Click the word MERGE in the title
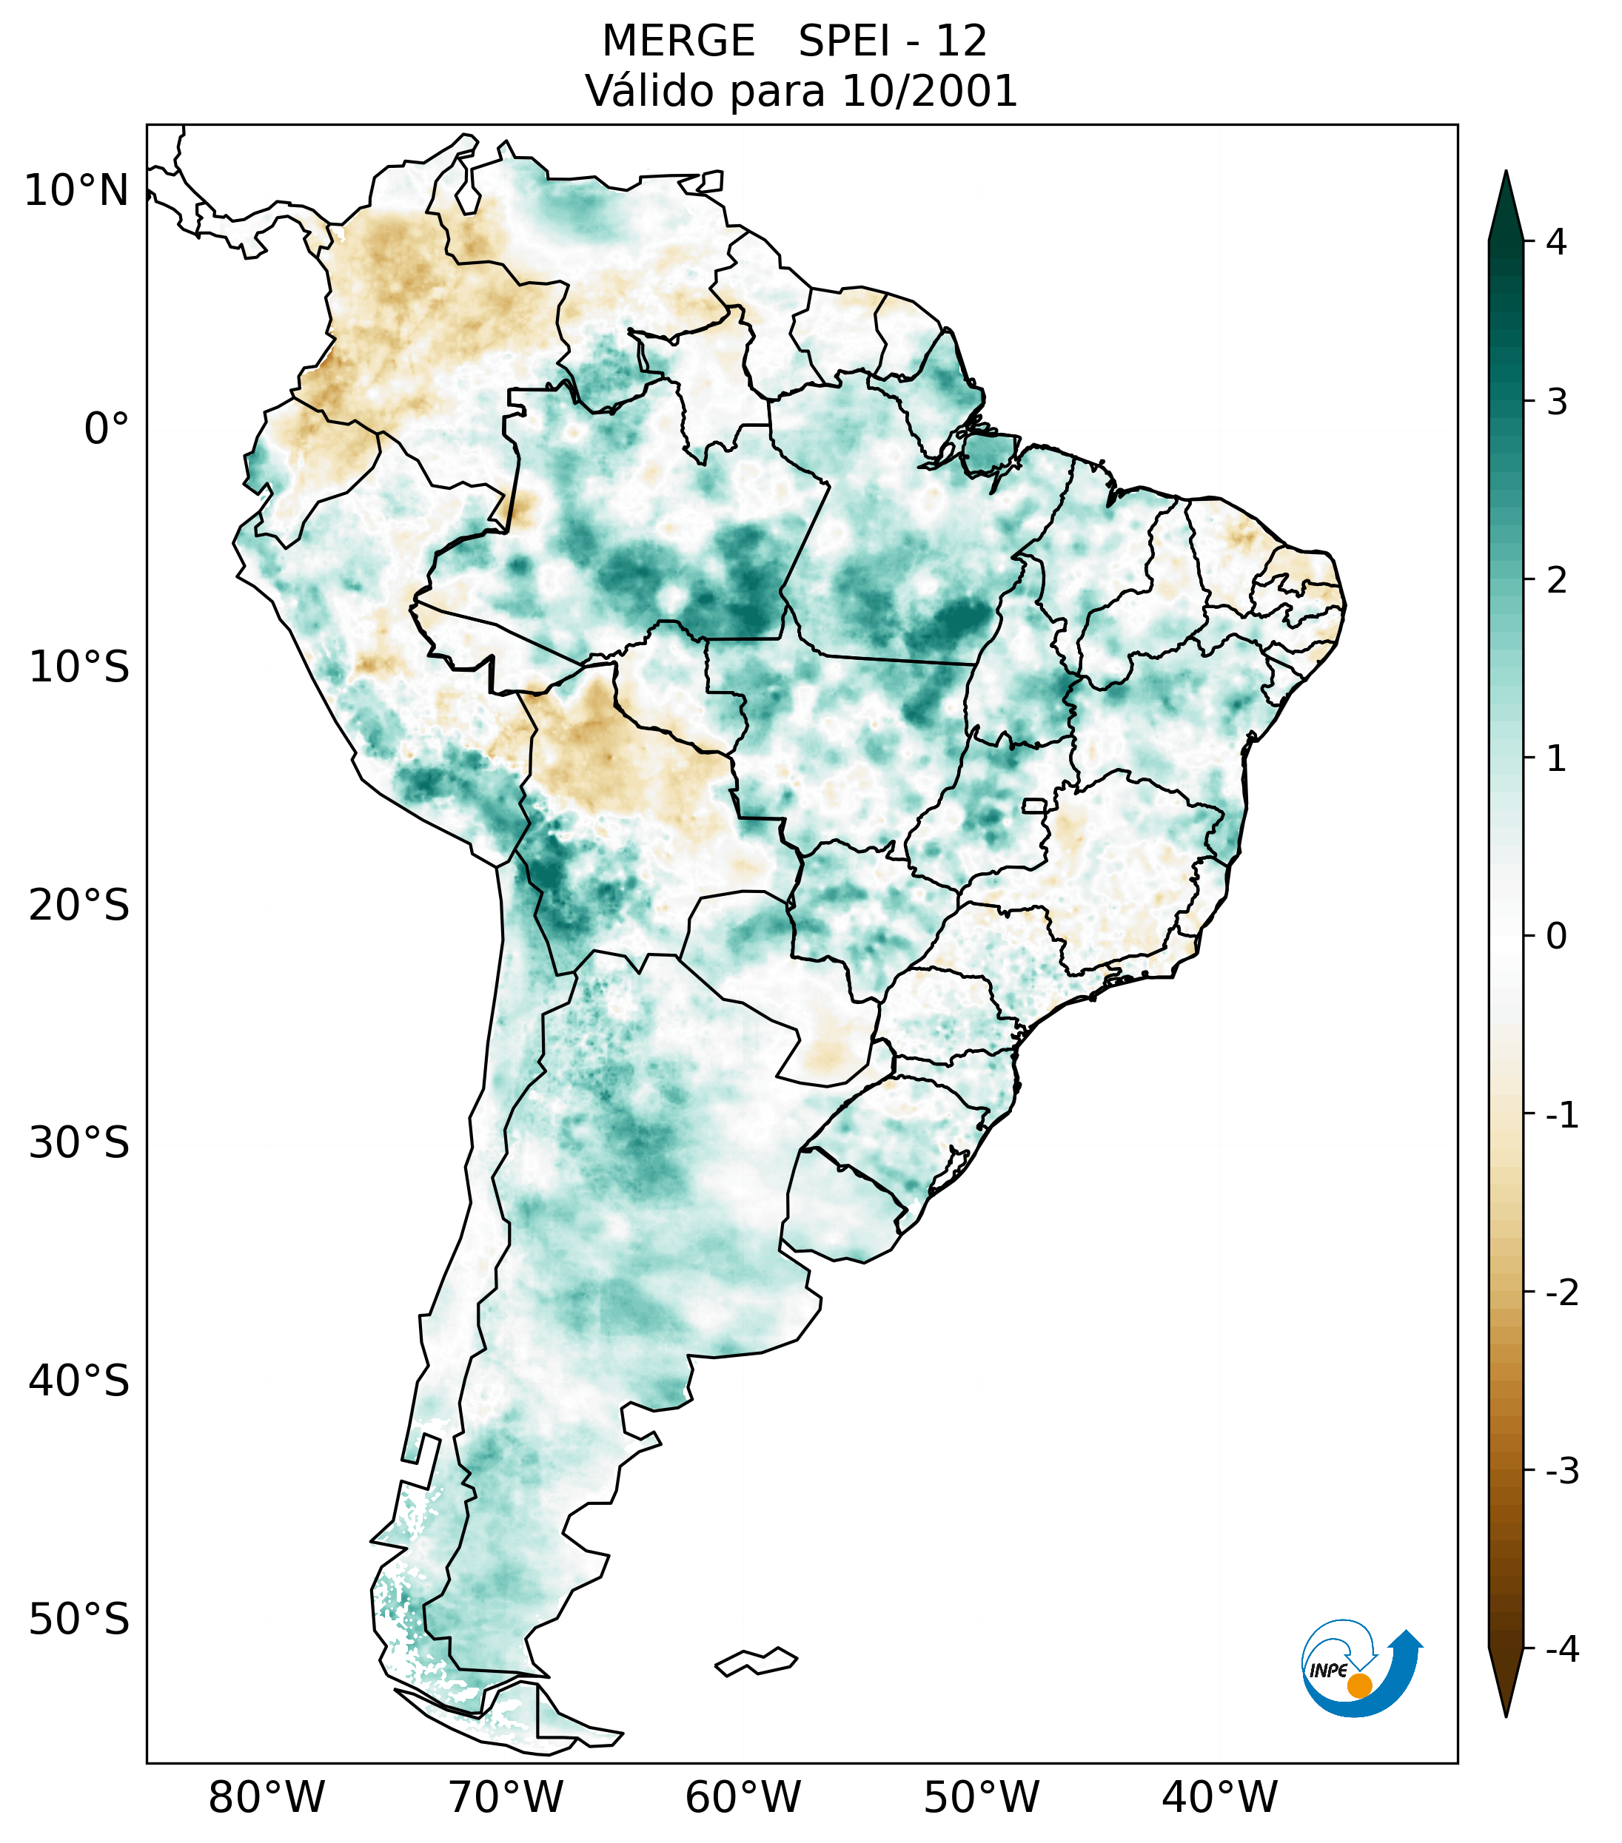click(677, 41)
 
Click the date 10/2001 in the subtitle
click(928, 91)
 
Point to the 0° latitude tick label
click(107, 429)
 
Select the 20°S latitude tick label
click(79, 906)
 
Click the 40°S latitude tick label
click(79, 1381)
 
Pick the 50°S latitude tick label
click(79, 1620)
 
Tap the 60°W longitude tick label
click(743, 1797)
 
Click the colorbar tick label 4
click(1556, 242)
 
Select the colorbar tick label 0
click(1556, 936)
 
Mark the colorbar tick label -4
click(1561, 1649)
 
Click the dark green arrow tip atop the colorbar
click(1506, 194)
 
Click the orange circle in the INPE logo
click(1358, 1685)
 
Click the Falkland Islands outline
click(756, 1661)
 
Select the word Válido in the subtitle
click(649, 91)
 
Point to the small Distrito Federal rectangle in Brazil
click(1035, 805)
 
